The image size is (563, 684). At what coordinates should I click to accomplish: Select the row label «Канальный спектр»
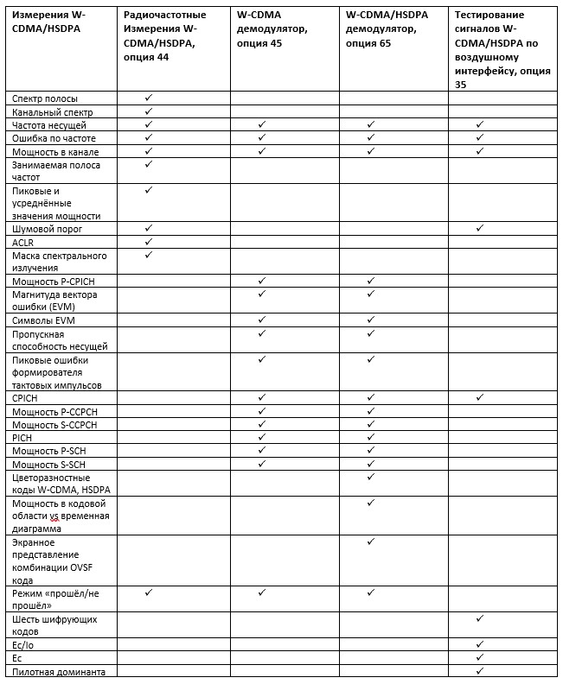(52, 112)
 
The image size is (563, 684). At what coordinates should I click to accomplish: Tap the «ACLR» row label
(22, 243)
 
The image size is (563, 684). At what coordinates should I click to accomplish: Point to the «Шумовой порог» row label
(48, 229)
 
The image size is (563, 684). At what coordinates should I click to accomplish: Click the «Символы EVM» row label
(43, 321)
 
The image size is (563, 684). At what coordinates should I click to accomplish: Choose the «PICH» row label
(22, 438)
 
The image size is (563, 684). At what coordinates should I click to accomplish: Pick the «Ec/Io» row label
(23, 645)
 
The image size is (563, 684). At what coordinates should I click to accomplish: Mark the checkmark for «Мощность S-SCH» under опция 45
(261, 464)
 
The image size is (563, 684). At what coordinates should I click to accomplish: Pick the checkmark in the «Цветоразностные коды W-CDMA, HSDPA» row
(371, 477)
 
